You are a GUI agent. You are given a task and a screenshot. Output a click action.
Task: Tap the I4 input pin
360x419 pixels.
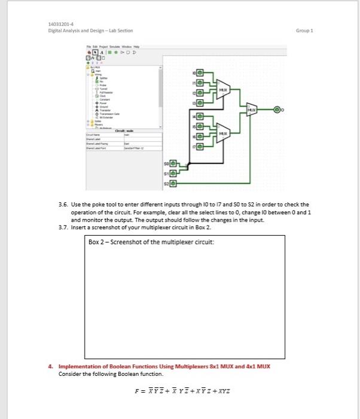[x=200, y=116]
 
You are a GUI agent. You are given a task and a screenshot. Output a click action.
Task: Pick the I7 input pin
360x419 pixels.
[x=200, y=145]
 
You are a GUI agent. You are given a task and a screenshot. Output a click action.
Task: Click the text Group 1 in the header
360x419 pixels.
[x=306, y=30]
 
